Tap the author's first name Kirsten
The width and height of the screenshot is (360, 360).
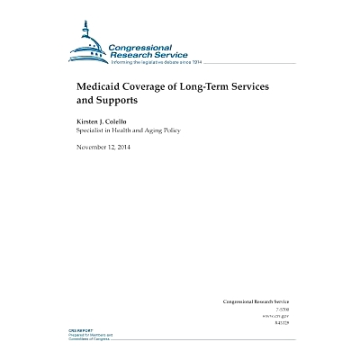[90, 121]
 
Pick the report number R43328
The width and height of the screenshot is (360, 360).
[282, 322]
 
